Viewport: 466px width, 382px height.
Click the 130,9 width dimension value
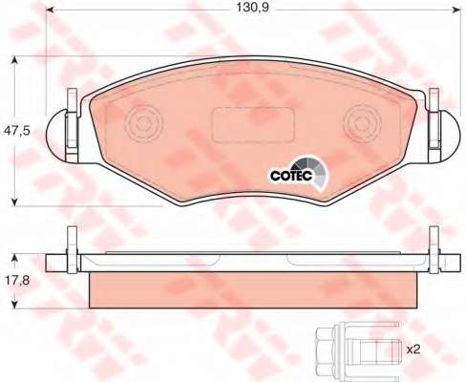tap(252, 8)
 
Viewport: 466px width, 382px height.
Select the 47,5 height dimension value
tap(17, 131)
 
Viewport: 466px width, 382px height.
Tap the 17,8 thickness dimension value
tap(17, 281)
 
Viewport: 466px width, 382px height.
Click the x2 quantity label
tap(413, 350)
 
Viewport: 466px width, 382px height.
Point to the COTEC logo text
tap(291, 176)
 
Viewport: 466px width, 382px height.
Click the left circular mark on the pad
tap(143, 122)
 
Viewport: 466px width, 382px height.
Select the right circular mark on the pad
tap(363, 123)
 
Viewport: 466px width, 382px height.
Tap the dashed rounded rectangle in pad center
tap(253, 124)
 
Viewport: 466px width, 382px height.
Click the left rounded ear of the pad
tap(57, 137)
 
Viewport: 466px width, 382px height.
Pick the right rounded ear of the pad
tap(450, 137)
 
